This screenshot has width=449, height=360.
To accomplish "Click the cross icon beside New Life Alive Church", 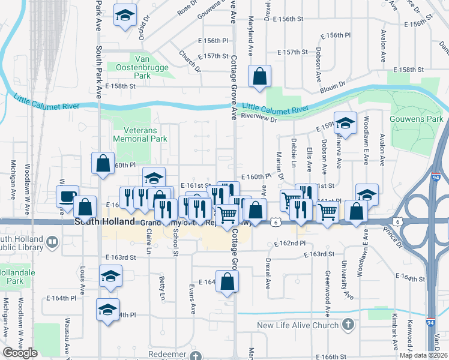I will click(348, 325).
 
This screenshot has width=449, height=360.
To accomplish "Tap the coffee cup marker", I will click(67, 196).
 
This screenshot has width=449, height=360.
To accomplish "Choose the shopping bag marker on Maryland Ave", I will click(259, 76).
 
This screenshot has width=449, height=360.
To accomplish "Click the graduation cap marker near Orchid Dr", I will click(125, 16).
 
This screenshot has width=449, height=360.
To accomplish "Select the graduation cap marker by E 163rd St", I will click(110, 277).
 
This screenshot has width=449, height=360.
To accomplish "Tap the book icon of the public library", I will click(53, 242).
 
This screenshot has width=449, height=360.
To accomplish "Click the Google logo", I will click(20, 352).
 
